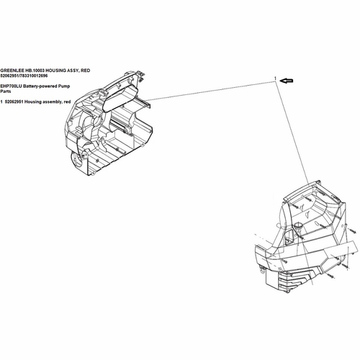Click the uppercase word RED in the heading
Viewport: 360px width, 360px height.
pyautogui.click(x=86, y=71)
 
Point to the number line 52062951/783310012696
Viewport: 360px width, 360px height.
pyautogui.click(x=24, y=76)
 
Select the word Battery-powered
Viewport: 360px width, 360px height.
pyautogui.click(x=40, y=86)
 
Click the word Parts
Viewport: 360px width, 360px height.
pyautogui.click(x=6, y=91)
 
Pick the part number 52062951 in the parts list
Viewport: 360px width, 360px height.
pyautogui.click(x=14, y=102)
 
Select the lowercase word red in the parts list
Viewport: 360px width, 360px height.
pyautogui.click(x=67, y=102)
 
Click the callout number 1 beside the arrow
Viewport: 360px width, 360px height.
pyautogui.click(x=276, y=78)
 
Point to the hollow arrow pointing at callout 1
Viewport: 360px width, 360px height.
pyautogui.click(x=287, y=81)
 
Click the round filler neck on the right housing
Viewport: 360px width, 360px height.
pyautogui.click(x=298, y=225)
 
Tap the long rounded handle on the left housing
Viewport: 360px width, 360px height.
pyautogui.click(x=120, y=99)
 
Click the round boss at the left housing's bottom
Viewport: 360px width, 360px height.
pyautogui.click(x=76, y=159)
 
